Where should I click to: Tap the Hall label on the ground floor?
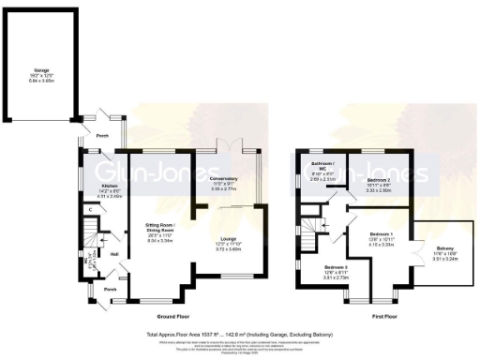click(113, 253)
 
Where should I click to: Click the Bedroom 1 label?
click(380, 234)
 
